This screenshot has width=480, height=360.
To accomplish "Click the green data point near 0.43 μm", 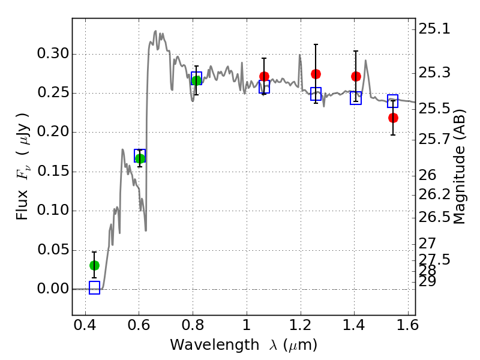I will (x=94, y=265).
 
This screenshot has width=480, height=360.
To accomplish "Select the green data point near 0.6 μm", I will (x=140, y=158).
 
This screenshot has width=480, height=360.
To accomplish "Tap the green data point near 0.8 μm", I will (x=196, y=80).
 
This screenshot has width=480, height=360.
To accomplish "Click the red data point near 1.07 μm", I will (x=264, y=76).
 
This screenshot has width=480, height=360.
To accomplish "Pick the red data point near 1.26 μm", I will (x=316, y=74).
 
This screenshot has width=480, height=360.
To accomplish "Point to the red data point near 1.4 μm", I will (x=356, y=76).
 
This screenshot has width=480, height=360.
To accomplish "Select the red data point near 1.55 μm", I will (x=393, y=118).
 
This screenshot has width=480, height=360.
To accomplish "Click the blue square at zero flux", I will (x=94, y=288).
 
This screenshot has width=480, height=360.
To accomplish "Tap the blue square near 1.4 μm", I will (x=356, y=98).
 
